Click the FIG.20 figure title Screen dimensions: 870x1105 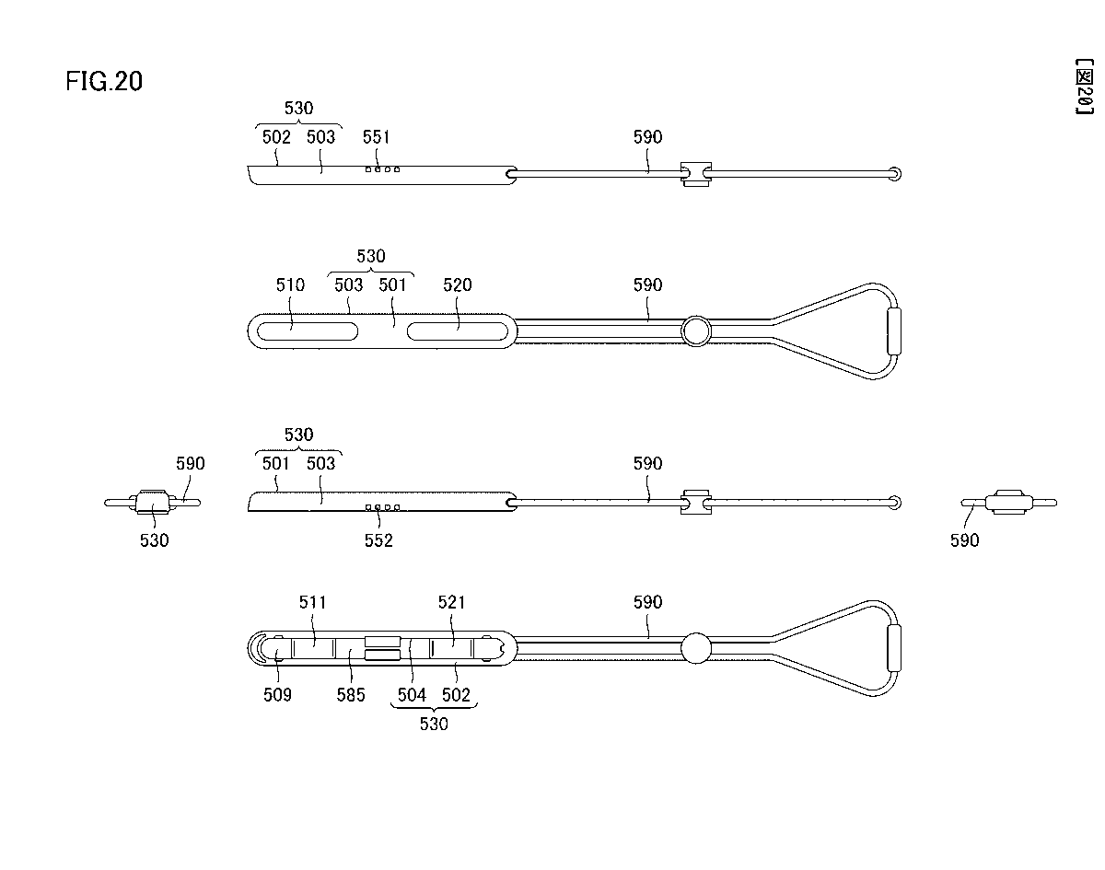tap(104, 82)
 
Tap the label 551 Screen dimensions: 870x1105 tap(376, 137)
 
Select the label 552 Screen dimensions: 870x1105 tap(378, 540)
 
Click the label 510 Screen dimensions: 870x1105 tap(290, 285)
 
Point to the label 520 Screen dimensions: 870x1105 tap(457, 285)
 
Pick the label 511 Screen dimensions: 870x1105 tap(313, 603)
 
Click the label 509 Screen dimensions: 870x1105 tap(277, 695)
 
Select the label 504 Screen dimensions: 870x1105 tap(411, 695)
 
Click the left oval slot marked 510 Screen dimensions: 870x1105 tap(306, 331)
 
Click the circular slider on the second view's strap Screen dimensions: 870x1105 tap(696, 331)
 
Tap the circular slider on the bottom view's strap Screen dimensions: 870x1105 tap(696, 648)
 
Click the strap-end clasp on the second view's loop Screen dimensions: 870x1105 tap(894, 331)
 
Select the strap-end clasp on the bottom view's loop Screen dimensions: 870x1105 tap(894, 648)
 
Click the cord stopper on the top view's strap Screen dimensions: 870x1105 tap(695, 172)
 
